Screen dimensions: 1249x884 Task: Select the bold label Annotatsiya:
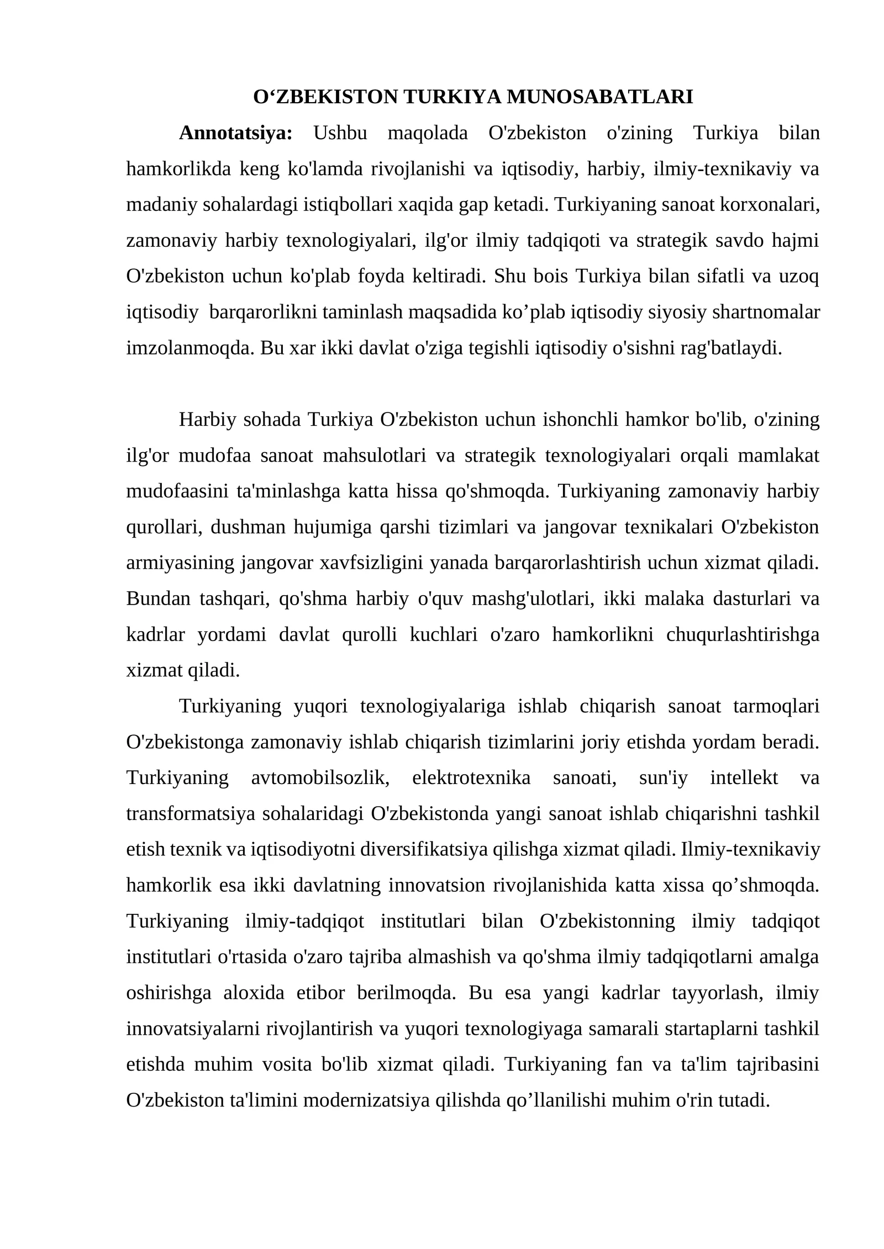point(236,133)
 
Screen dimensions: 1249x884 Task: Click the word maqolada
point(428,133)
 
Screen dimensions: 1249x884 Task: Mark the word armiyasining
point(181,563)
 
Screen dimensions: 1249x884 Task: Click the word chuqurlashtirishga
point(743,635)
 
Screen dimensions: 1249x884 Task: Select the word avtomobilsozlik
point(320,778)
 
